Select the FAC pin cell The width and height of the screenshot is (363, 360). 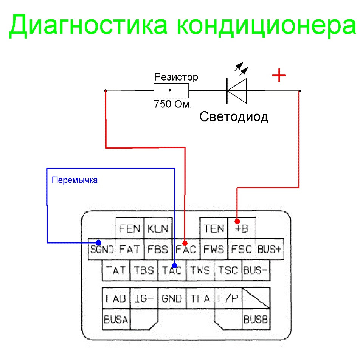[186, 249]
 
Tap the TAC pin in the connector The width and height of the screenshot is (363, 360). [172, 270]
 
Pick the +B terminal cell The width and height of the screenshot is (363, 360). [242, 228]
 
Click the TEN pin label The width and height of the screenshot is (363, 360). [214, 228]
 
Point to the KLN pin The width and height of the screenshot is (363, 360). [158, 228]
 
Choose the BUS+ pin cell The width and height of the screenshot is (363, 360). [270, 249]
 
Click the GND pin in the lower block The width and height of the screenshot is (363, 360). [172, 298]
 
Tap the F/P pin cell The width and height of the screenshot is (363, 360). [228, 298]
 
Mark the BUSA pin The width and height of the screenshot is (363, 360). [116, 319]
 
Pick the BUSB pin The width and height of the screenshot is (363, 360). [256, 320]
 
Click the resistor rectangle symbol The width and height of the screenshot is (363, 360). [171, 90]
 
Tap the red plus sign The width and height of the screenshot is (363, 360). [279, 76]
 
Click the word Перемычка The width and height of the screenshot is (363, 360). [74, 180]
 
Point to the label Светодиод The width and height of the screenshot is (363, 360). [234, 116]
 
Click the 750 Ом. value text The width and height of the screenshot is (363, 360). [173, 104]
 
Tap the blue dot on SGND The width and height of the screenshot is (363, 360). [98, 242]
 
